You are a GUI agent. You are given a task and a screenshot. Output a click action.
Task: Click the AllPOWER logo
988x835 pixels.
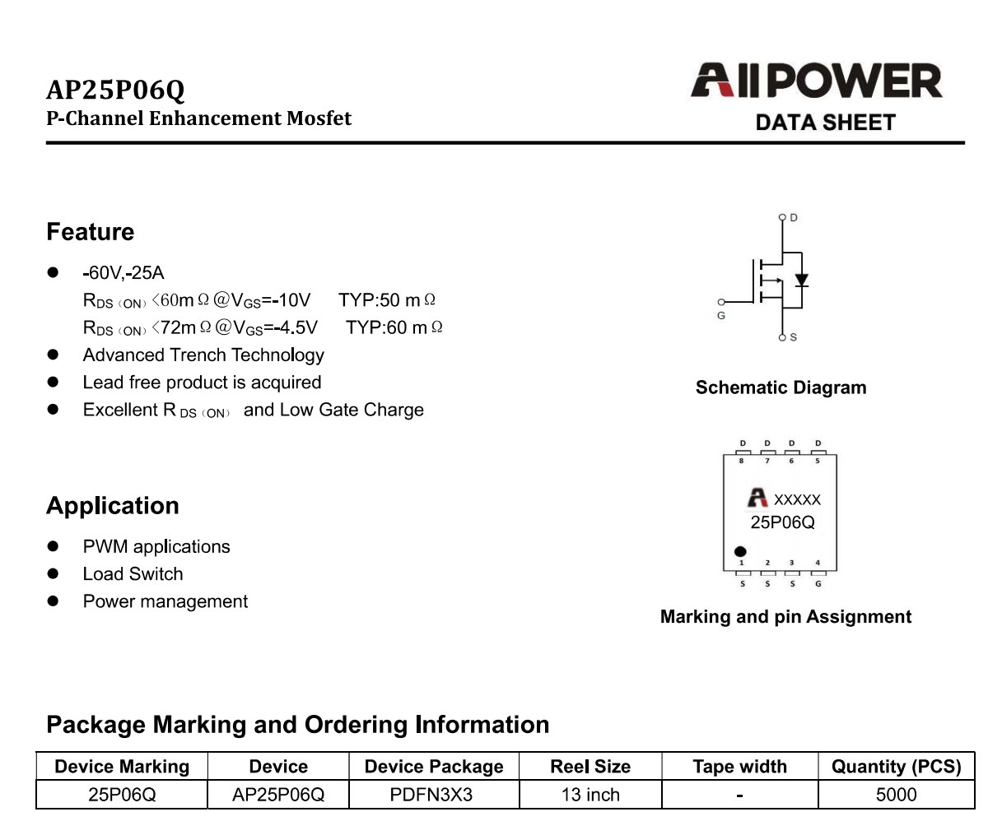tap(816, 81)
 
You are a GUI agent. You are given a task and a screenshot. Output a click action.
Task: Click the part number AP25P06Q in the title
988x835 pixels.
tap(115, 90)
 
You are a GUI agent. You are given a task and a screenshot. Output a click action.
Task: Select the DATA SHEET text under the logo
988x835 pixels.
tap(826, 123)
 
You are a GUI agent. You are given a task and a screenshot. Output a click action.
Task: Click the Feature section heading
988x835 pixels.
tap(91, 232)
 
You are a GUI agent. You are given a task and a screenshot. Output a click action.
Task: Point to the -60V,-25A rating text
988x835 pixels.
tap(123, 273)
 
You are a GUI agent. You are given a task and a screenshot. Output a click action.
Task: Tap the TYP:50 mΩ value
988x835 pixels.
tap(387, 300)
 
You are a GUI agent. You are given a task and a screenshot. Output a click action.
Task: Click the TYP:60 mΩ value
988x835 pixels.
tap(394, 327)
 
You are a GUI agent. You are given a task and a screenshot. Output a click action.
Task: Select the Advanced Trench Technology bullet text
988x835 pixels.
tap(203, 355)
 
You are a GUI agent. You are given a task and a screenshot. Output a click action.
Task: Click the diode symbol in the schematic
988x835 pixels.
tap(802, 280)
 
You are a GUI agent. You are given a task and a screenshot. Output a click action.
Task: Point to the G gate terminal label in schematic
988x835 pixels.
tap(721, 316)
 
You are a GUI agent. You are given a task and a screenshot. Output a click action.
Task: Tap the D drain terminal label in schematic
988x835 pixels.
tap(794, 218)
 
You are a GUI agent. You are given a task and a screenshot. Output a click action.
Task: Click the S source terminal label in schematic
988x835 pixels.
tap(794, 337)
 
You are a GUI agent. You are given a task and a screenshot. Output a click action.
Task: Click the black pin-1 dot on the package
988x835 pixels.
tap(740, 552)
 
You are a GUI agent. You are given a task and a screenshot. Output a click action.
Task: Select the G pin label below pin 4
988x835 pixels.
tap(818, 584)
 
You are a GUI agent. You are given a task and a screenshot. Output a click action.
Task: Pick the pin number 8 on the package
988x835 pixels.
tap(741, 461)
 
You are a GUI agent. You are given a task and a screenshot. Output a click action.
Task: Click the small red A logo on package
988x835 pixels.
tap(757, 498)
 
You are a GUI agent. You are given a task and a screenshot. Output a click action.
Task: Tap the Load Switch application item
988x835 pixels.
tap(133, 573)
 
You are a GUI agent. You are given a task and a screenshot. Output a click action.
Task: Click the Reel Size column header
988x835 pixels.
tap(590, 767)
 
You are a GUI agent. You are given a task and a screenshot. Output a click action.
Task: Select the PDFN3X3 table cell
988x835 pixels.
tap(431, 795)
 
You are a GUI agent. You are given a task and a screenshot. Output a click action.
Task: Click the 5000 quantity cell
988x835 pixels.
tap(897, 795)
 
